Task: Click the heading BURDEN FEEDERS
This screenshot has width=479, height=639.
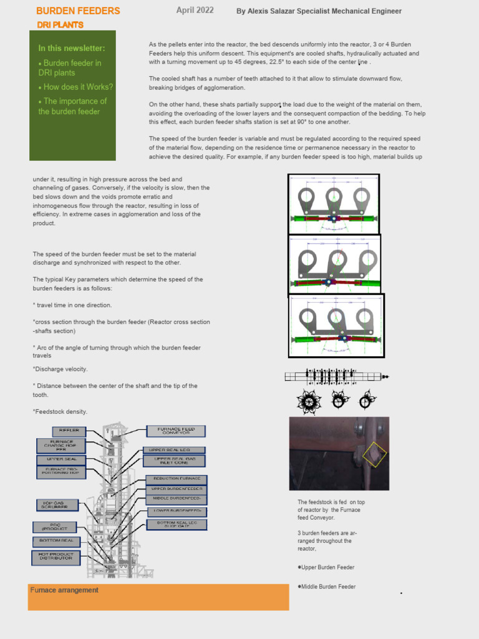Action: [78, 11]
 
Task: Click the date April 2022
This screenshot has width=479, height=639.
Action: [195, 10]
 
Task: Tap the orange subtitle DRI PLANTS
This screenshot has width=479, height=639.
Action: [60, 24]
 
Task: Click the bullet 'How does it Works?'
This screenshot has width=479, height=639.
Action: [75, 87]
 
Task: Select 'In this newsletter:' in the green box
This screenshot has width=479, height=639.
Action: [72, 48]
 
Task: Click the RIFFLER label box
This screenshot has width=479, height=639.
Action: [69, 431]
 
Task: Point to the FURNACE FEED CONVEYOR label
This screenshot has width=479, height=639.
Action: [176, 431]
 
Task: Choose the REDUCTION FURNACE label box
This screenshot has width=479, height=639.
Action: [176, 478]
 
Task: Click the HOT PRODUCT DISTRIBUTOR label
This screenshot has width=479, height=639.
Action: [56, 557]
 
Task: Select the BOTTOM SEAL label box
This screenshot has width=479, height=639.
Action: [56, 540]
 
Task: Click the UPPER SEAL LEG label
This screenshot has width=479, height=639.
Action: [174, 449]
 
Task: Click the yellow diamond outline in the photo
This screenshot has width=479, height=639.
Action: [374, 455]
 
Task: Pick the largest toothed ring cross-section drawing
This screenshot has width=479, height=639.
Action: [308, 401]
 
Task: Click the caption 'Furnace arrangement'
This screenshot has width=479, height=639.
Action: [64, 590]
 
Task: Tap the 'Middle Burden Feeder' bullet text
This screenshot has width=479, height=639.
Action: [327, 587]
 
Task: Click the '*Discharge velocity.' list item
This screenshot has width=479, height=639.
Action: [60, 369]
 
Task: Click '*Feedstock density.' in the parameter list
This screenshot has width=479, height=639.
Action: [60, 411]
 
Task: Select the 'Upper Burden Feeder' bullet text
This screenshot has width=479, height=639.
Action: [327, 567]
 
